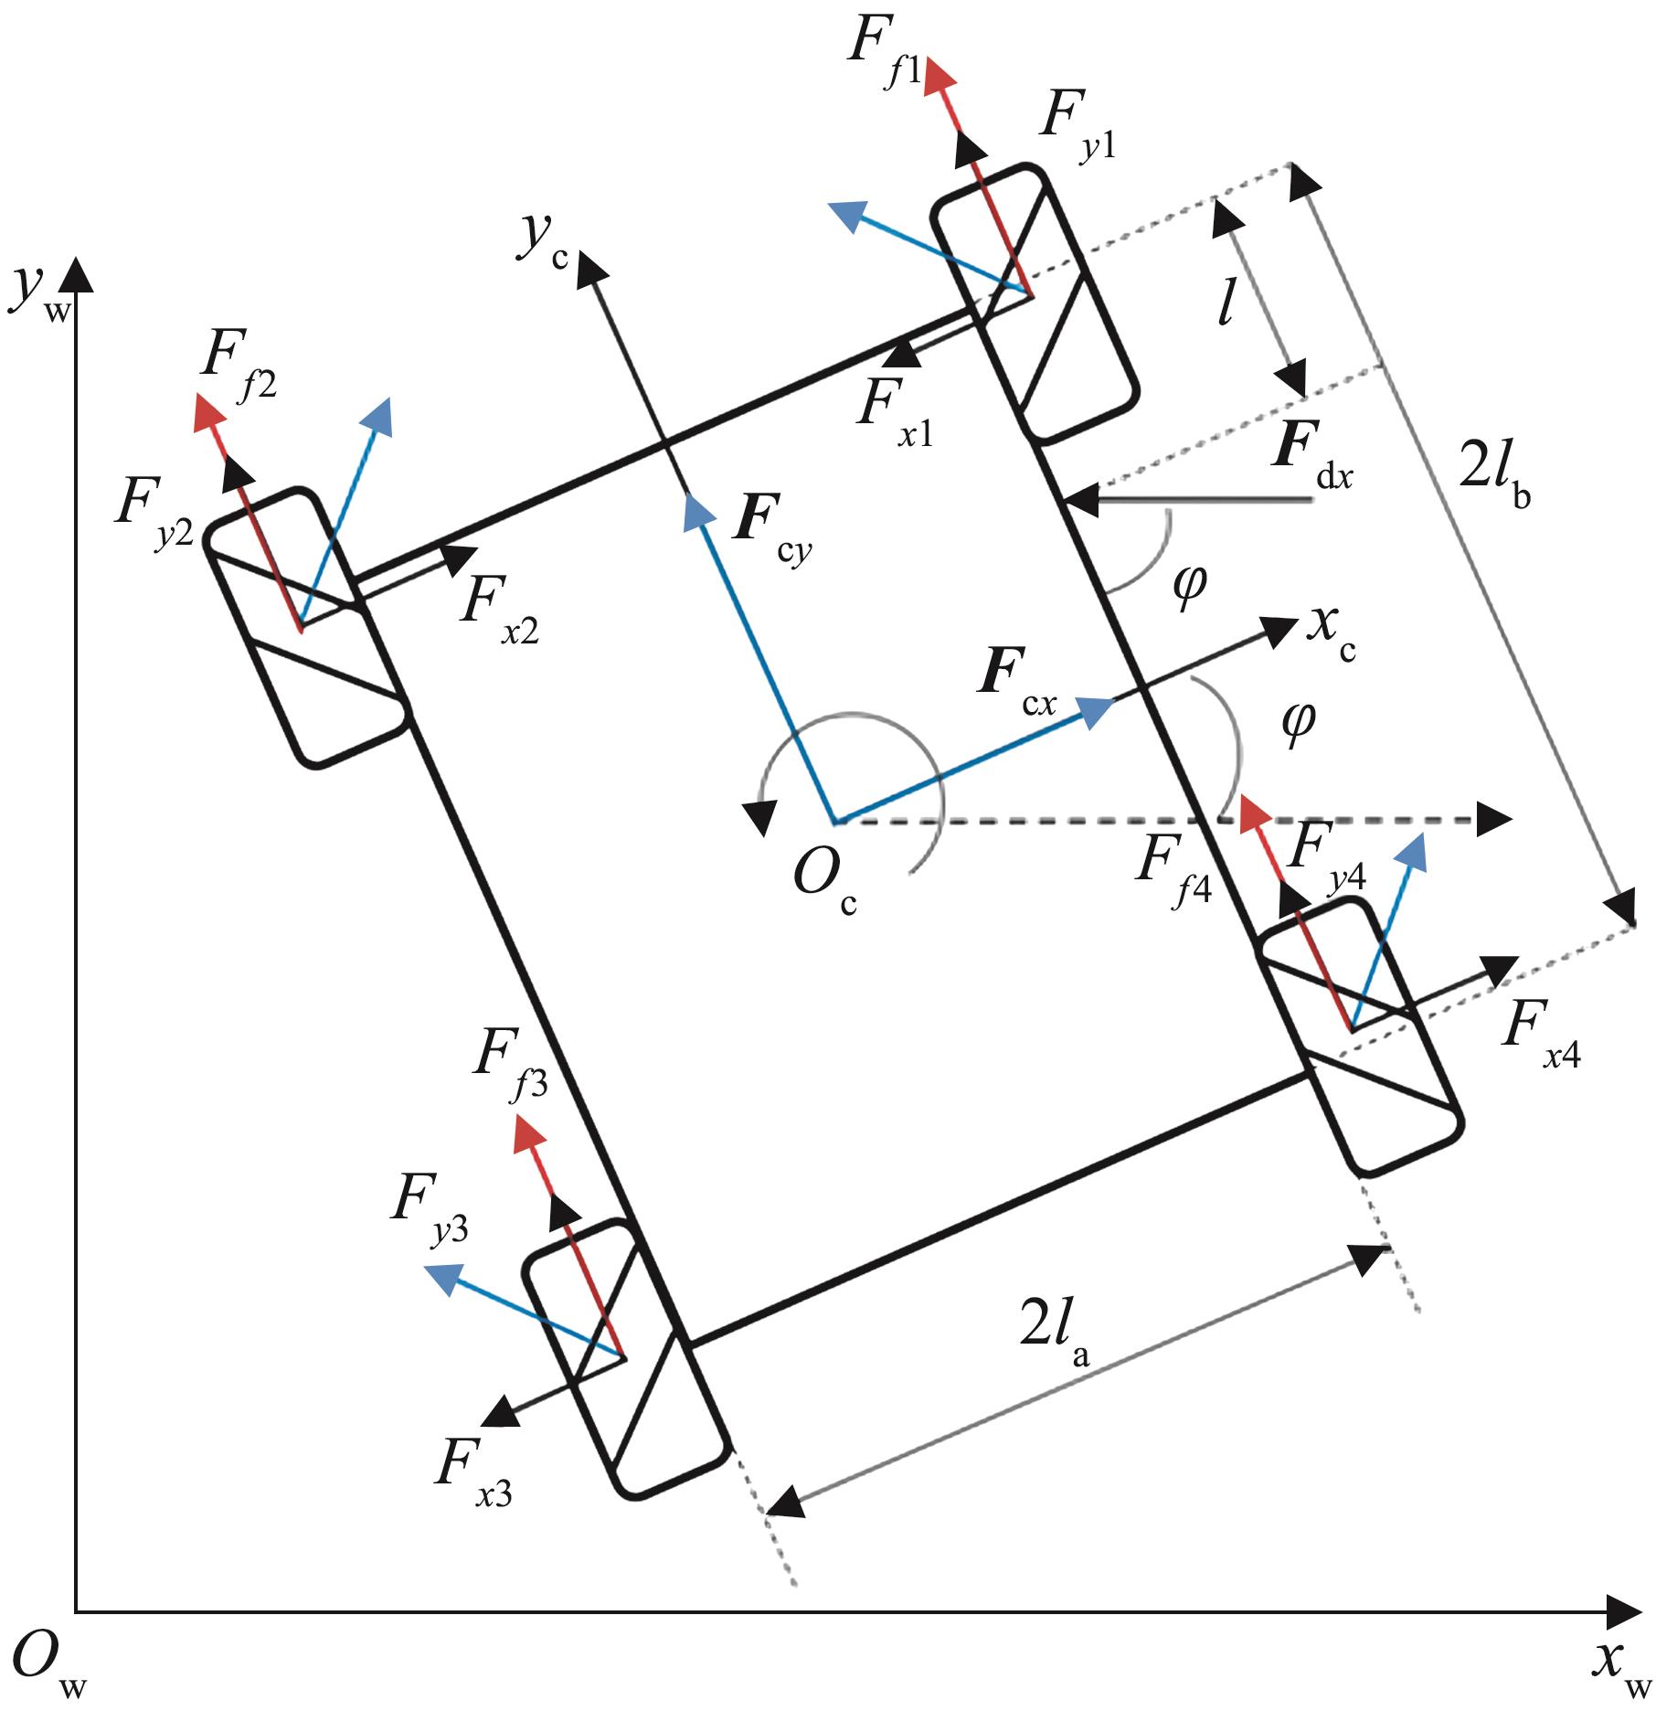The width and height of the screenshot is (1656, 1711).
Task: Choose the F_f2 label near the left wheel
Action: [x=236, y=372]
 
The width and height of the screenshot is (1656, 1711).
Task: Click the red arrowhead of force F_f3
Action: [x=528, y=1134]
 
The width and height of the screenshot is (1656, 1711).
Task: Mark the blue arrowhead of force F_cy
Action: [x=696, y=513]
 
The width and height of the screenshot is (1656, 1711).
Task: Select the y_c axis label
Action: [x=543, y=240]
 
